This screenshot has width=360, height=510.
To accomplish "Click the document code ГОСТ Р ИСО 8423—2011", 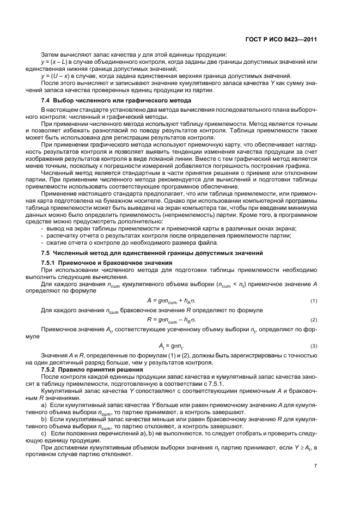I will [x=282, y=39].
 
